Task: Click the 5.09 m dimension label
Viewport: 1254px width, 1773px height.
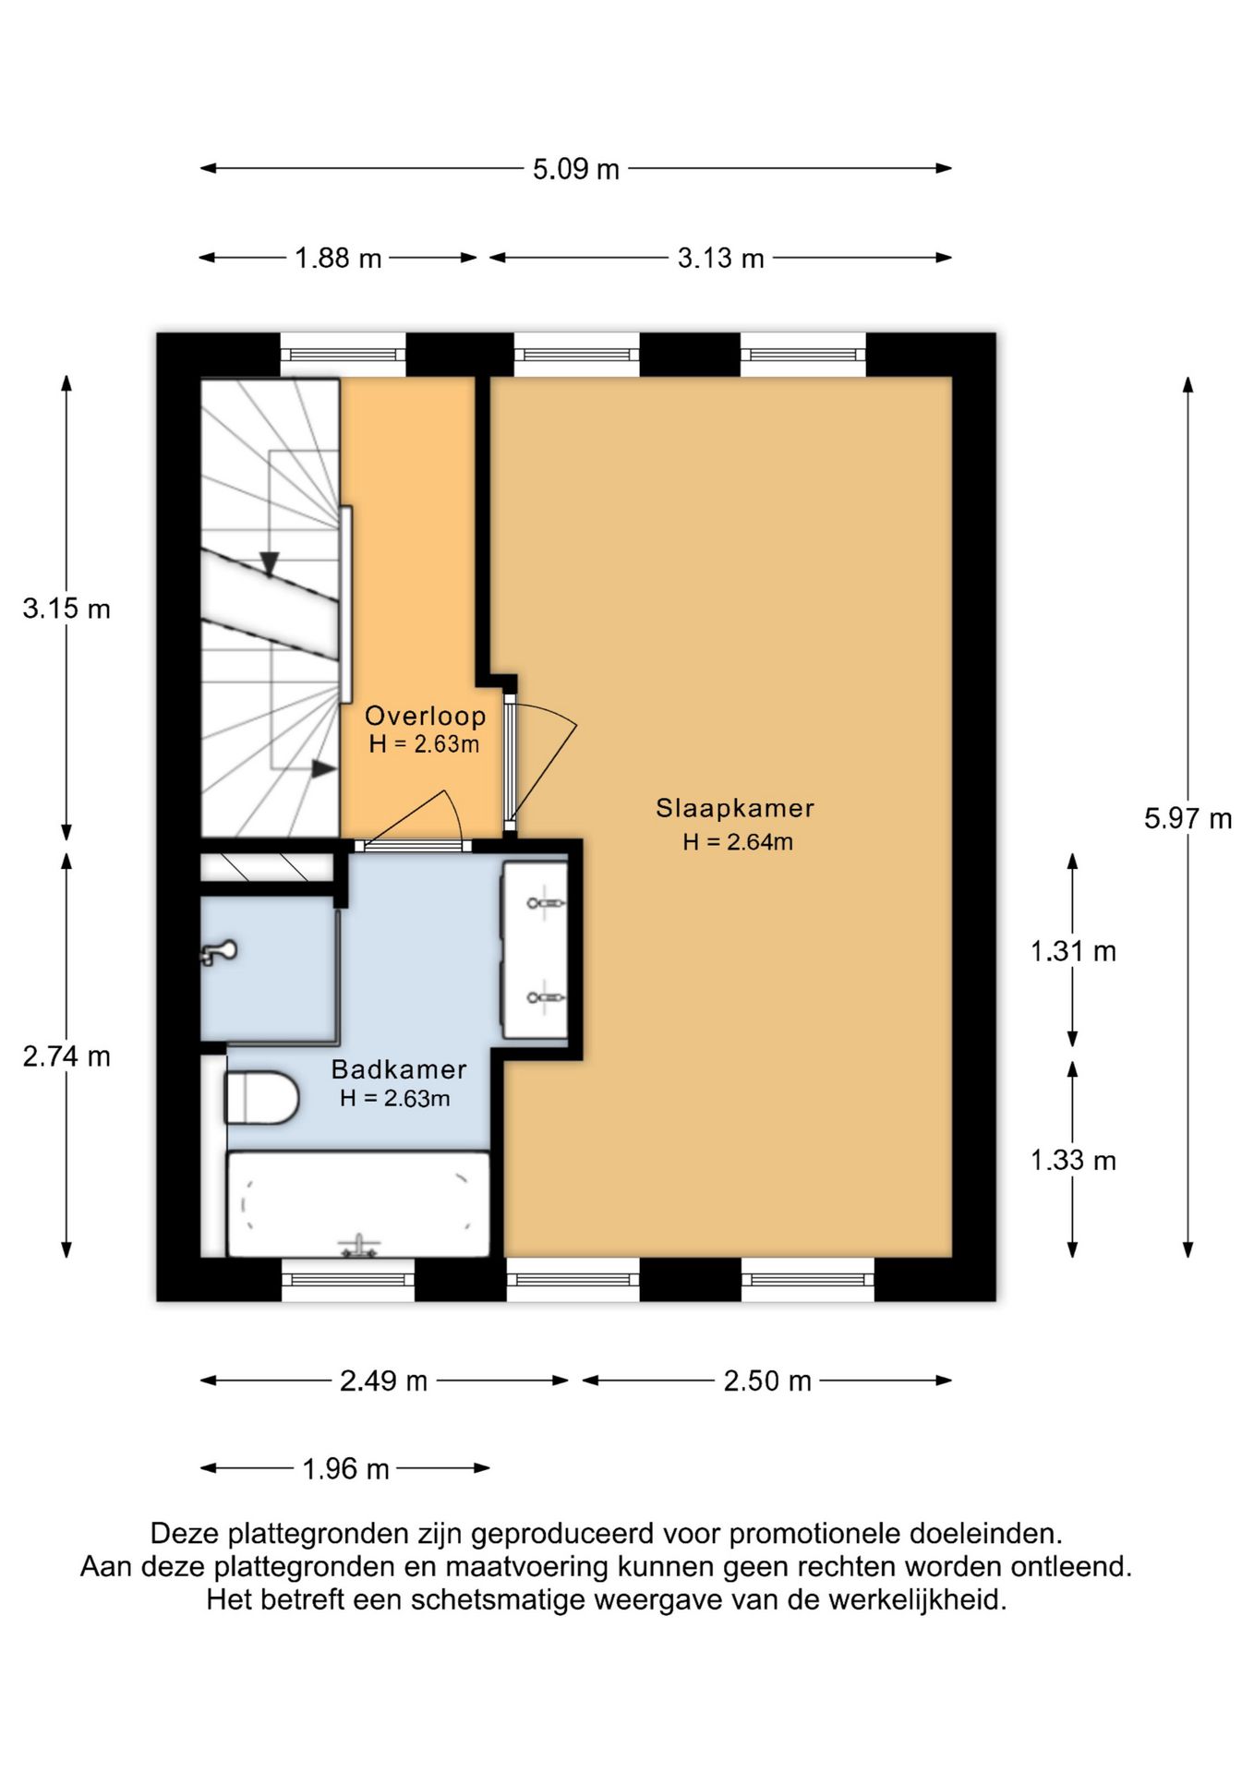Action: pyautogui.click(x=575, y=169)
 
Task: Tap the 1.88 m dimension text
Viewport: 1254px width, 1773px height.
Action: pyautogui.click(x=338, y=258)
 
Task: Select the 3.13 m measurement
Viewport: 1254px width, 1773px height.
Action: pyautogui.click(x=721, y=258)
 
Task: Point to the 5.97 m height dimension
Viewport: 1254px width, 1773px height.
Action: pyautogui.click(x=1188, y=818)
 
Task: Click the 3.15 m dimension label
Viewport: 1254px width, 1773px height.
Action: pyautogui.click(x=66, y=609)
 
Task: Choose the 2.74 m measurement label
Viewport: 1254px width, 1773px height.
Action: pyautogui.click(x=66, y=1055)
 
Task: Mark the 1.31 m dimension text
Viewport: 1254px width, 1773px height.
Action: pyautogui.click(x=1073, y=951)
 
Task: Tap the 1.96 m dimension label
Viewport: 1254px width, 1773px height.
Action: pyautogui.click(x=346, y=1468)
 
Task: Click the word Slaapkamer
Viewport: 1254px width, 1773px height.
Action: pyautogui.click(x=735, y=808)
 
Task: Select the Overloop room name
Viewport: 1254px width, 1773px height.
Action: pyautogui.click(x=425, y=716)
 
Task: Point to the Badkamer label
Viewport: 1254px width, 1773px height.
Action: pyautogui.click(x=399, y=1069)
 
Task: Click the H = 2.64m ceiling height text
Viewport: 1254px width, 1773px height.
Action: pyautogui.click(x=738, y=841)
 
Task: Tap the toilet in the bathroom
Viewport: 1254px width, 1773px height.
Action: pyautogui.click(x=262, y=1097)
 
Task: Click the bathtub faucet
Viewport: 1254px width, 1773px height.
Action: pyautogui.click(x=359, y=1247)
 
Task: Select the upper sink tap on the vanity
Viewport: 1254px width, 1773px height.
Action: pyautogui.click(x=545, y=902)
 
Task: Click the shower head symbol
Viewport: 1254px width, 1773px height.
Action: pyautogui.click(x=218, y=952)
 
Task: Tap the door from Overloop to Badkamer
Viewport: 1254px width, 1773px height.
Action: pyautogui.click(x=412, y=821)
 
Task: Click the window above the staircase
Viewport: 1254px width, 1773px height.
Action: pyautogui.click(x=343, y=355)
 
